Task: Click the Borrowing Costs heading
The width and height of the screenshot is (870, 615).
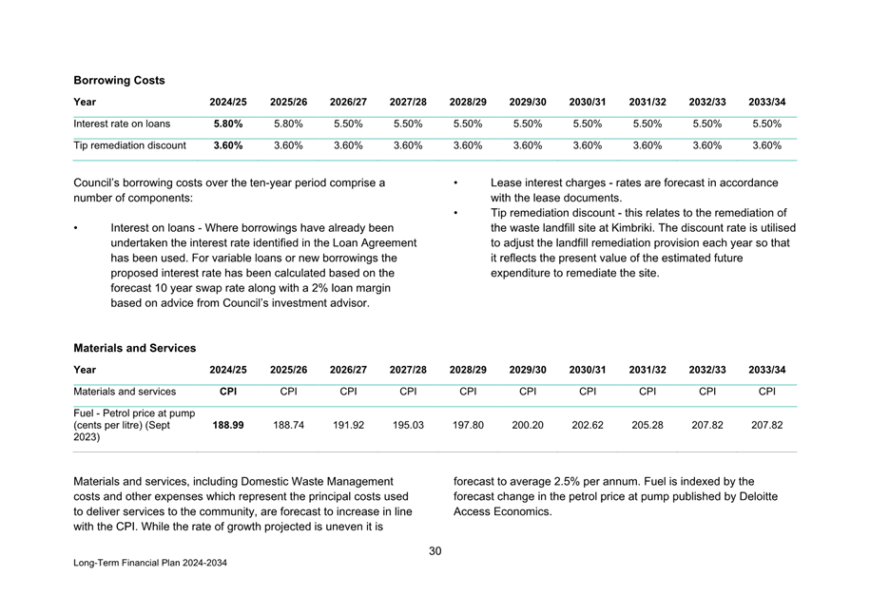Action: click(x=119, y=81)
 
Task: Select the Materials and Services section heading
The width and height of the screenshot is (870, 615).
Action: click(x=135, y=348)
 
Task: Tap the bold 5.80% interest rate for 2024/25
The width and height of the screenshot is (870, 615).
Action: click(x=227, y=124)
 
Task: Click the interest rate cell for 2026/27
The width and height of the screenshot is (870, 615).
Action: click(x=348, y=124)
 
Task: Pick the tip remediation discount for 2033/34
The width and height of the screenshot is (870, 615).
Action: click(x=766, y=145)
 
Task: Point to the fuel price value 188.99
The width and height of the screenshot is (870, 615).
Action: click(x=227, y=426)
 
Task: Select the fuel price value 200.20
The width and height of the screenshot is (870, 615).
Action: click(x=528, y=426)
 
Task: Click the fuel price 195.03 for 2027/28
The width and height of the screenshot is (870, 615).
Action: click(x=408, y=426)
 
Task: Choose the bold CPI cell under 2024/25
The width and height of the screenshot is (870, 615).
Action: click(x=228, y=391)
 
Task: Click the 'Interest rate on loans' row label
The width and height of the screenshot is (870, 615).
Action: click(x=122, y=124)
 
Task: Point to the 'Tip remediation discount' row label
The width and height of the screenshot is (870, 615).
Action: click(x=130, y=145)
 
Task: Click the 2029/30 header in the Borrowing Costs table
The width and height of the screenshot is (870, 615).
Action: click(x=528, y=102)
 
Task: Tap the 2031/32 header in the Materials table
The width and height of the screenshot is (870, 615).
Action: click(x=648, y=370)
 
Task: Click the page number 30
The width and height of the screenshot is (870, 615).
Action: click(x=435, y=550)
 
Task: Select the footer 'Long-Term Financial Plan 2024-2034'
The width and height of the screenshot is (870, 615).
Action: click(x=150, y=563)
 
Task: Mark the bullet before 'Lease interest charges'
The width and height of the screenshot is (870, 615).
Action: click(x=456, y=183)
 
